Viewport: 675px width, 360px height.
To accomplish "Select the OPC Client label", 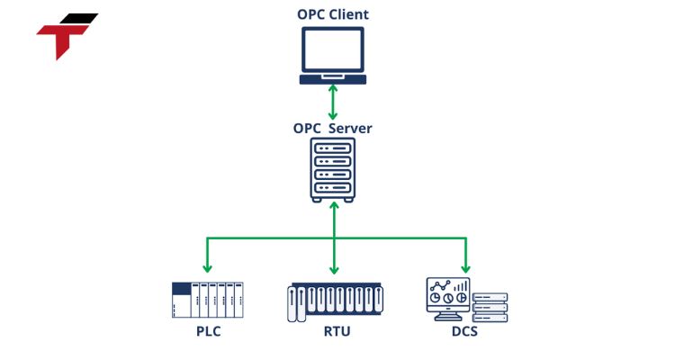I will (333, 14).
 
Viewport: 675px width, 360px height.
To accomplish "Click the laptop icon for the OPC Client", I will (333, 55).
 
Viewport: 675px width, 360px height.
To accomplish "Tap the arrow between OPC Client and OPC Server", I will (334, 103).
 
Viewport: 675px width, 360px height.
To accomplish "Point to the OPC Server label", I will (333, 128).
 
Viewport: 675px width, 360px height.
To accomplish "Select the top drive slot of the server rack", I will (334, 148).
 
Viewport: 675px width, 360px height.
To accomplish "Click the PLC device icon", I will (208, 300).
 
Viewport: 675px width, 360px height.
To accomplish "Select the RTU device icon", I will (334, 303).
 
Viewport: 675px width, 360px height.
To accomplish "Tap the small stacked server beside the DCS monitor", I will (490, 308).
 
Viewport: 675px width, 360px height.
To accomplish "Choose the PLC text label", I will (207, 332).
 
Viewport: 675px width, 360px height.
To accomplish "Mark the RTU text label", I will (337, 332).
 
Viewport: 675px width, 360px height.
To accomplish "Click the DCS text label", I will (465, 332).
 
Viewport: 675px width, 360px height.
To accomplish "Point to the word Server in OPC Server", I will (350, 128).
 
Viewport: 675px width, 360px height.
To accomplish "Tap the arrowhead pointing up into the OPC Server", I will (334, 206).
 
